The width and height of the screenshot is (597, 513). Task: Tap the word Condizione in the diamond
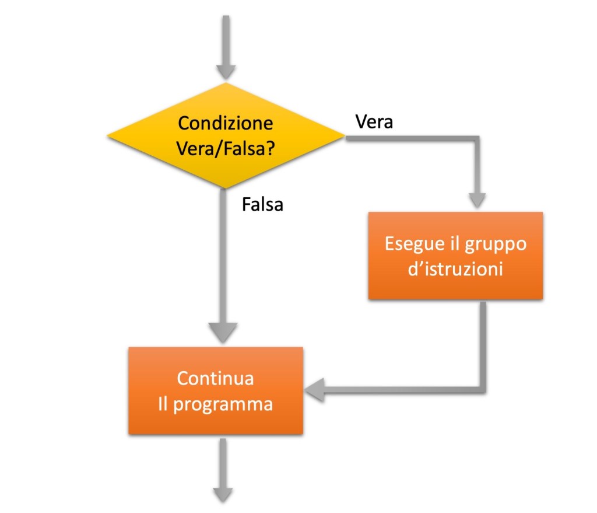click(226, 124)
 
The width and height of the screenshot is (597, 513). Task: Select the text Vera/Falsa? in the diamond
click(226, 148)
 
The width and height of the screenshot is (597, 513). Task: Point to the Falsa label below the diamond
click(262, 205)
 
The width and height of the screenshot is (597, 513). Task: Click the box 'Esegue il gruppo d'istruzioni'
click(455, 256)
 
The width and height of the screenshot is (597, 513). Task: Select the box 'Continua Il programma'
click(216, 390)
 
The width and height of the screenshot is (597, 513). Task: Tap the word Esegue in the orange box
click(409, 243)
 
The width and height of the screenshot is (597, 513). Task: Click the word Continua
click(216, 378)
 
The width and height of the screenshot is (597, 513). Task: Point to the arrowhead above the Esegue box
click(478, 200)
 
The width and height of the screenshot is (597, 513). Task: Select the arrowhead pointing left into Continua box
click(315, 389)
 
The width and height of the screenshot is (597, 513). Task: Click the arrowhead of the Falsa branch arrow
click(224, 333)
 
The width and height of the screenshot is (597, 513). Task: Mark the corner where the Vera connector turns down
click(478, 139)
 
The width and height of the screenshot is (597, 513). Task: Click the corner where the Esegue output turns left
click(483, 389)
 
